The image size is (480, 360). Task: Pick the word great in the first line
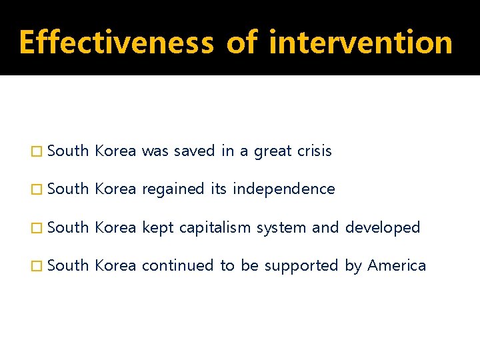[273, 151]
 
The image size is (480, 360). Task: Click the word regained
[174, 189]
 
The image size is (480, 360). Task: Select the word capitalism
[215, 228]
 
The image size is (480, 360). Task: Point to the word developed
[383, 228]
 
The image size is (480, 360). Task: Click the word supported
[301, 266]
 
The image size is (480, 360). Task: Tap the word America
[397, 266]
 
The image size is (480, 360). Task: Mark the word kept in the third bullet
[157, 228]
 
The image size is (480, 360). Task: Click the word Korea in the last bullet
[115, 266]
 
